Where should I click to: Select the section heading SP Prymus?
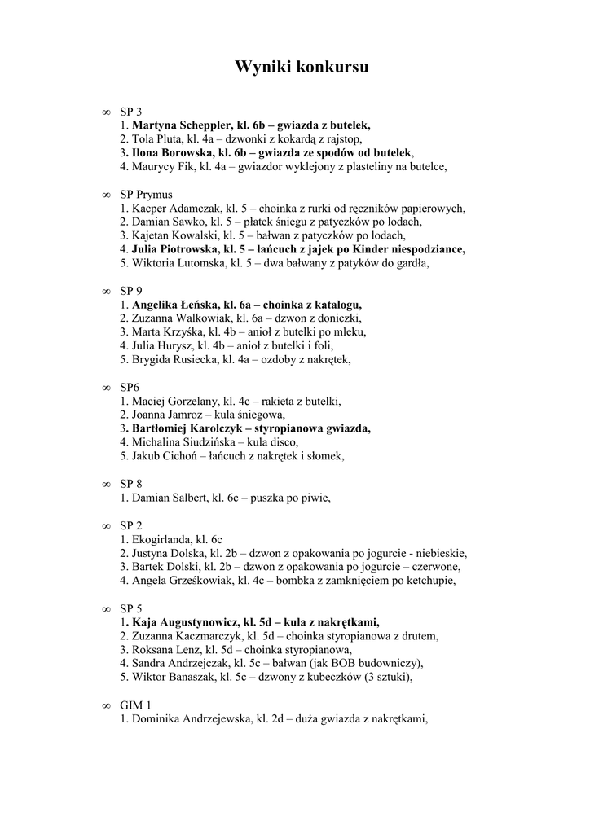(147, 195)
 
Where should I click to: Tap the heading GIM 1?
(135, 705)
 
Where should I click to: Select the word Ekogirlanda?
(162, 540)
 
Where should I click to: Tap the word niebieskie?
(441, 554)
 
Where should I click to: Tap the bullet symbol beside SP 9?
(104, 291)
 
